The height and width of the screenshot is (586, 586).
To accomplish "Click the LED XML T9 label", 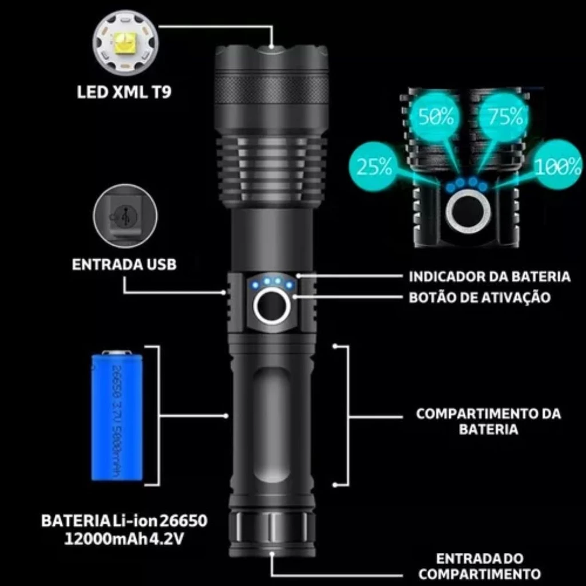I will click(124, 92).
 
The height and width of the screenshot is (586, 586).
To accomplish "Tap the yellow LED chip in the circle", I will click(123, 43).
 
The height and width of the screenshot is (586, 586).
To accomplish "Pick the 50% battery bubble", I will click(436, 118).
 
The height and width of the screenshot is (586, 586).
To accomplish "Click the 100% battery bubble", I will click(558, 167).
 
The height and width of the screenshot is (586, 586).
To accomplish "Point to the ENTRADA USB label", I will click(124, 264).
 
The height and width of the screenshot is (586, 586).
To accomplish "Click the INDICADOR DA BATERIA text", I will click(489, 276).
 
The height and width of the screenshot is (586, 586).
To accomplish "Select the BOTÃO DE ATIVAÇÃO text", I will click(480, 298).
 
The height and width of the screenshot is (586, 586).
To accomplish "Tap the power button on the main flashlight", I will click(271, 307).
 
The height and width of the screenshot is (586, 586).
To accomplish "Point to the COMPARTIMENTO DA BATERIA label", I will click(488, 421).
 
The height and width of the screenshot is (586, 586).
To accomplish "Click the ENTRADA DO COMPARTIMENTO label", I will click(480, 566).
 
